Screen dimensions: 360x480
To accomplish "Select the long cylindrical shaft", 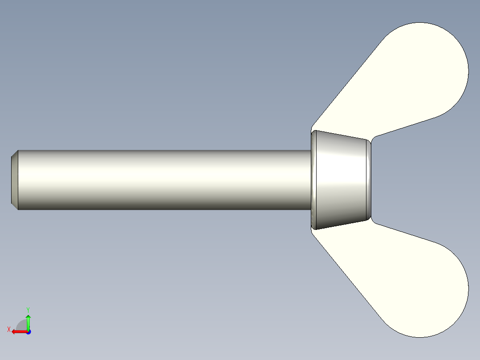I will [x=160, y=180].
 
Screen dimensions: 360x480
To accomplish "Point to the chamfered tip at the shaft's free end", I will [x=14, y=180].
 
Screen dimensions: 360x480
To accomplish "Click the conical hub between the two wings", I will [x=341, y=180].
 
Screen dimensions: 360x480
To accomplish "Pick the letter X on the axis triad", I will [x=8, y=329].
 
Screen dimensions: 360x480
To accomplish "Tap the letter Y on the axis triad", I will [x=28, y=309].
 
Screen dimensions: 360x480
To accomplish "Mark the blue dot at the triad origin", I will [x=28, y=332].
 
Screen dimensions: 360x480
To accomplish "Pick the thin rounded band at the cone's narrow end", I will [x=369, y=180].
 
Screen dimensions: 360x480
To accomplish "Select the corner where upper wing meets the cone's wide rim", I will [x=312, y=130].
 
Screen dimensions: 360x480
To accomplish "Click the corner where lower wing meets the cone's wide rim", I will [x=312, y=230].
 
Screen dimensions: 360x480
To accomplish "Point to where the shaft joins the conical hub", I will [x=310, y=180].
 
